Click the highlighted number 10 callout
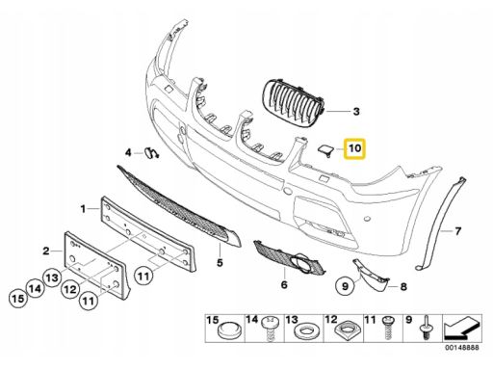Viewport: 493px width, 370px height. tap(354, 148)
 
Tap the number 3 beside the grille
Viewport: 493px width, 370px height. tap(356, 112)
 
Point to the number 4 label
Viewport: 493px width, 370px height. tap(128, 152)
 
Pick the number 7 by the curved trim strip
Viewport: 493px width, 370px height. tap(457, 230)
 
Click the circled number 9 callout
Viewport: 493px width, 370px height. tap(345, 285)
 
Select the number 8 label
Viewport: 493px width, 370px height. tap(403, 286)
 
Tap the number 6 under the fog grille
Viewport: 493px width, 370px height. tap(284, 284)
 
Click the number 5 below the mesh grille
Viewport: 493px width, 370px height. tap(220, 262)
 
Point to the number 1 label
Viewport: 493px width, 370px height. tap(83, 209)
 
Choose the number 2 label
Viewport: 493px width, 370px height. tap(46, 251)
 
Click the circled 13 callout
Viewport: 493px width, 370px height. tap(52, 277)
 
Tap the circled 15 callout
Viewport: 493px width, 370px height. tap(18, 299)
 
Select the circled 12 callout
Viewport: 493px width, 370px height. tap(70, 290)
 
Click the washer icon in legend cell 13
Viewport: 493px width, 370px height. tap(304, 330)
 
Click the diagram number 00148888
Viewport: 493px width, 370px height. tap(462, 347)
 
